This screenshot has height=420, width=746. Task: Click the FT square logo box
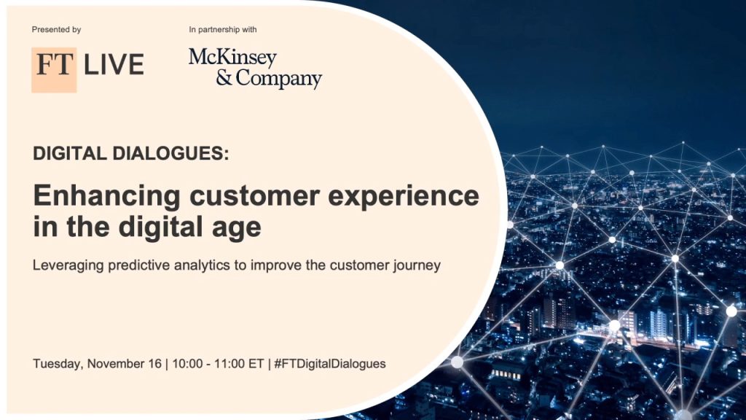pyautogui.click(x=54, y=69)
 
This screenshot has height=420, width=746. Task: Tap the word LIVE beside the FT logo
pyautogui.click(x=114, y=65)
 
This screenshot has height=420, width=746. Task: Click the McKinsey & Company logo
pyautogui.click(x=255, y=68)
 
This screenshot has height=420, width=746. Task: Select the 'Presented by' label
pyautogui.click(x=56, y=29)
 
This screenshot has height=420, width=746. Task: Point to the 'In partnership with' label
pyautogui.click(x=223, y=29)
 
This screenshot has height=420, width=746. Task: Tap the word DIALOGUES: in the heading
pyautogui.click(x=170, y=153)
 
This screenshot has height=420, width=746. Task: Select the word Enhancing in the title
pyautogui.click(x=107, y=196)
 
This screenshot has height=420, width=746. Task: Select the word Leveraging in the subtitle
pyautogui.click(x=68, y=265)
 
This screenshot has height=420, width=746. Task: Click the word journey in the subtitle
pyautogui.click(x=417, y=265)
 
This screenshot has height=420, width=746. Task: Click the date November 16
pyautogui.click(x=125, y=364)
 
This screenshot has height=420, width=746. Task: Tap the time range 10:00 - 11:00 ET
pyautogui.click(x=218, y=364)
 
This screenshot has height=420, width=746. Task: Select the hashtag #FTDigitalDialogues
pyautogui.click(x=330, y=365)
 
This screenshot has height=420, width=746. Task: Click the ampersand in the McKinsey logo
pyautogui.click(x=224, y=77)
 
